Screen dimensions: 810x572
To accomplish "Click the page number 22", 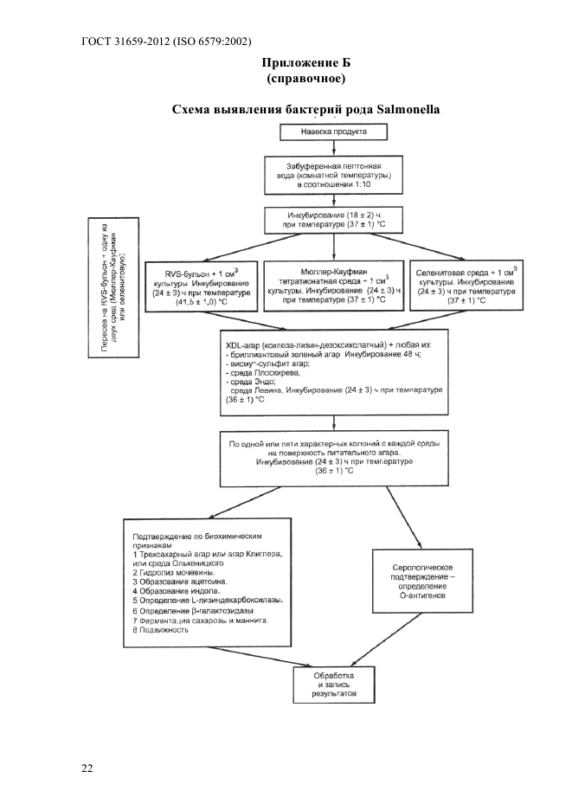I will click(x=87, y=768).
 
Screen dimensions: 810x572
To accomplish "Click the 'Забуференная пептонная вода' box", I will click(x=334, y=175).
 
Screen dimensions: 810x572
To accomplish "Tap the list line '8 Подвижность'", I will click(x=161, y=631).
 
